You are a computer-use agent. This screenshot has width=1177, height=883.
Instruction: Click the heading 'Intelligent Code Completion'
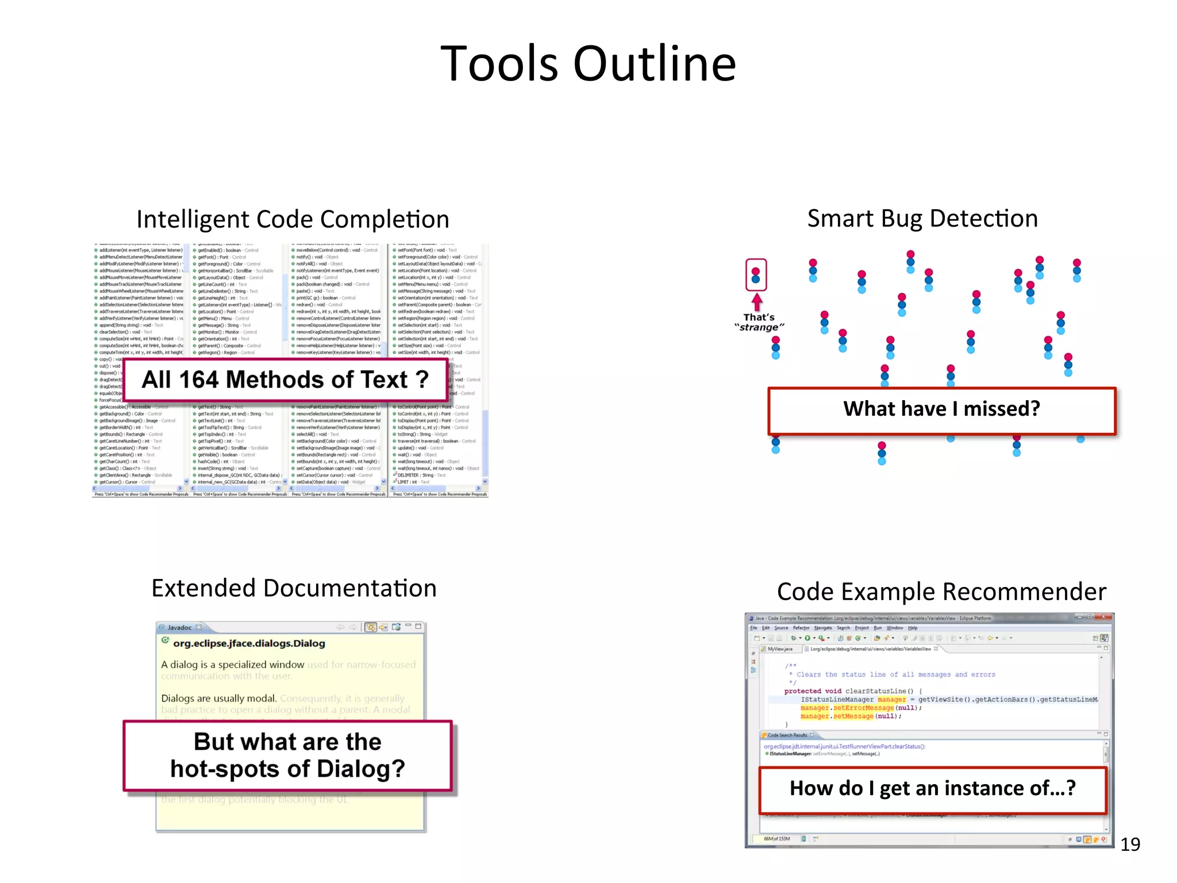293,219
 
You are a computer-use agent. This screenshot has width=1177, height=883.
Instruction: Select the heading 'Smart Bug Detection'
922,218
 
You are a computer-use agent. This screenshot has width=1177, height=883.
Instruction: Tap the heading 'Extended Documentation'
294,588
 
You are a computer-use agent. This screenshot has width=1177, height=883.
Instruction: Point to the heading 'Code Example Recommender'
941,592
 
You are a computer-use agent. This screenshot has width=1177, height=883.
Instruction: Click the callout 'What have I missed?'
941,409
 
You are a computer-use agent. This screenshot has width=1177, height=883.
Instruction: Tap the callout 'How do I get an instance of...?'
932,788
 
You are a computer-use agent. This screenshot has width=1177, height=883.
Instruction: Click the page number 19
1130,844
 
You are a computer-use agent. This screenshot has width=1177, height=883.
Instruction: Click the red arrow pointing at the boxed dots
757,302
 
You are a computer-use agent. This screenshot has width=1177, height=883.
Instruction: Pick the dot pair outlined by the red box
756,275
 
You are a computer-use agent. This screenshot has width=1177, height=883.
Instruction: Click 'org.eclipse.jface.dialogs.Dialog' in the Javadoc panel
249,643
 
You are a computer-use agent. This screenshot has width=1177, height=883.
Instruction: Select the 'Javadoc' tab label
179,627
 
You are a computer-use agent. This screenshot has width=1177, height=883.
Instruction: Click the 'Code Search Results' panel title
787,735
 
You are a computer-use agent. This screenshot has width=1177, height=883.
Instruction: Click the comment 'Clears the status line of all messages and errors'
895,674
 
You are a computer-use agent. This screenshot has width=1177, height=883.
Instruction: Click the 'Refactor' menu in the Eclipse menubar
801,628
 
